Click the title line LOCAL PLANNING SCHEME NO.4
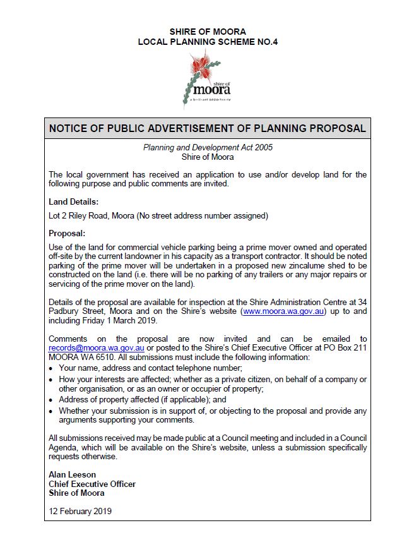208,42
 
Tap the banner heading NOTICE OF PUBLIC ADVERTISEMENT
207,128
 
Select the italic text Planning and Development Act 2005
207,147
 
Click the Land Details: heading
74,202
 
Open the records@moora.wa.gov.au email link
97,347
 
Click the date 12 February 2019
80,510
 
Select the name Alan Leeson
73,475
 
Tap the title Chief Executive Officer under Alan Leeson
92,484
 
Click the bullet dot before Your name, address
52,368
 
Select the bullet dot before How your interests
52,379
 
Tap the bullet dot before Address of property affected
52,400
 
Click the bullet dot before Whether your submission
52,411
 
